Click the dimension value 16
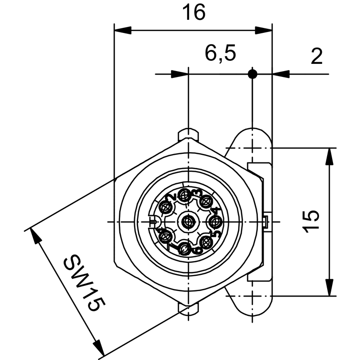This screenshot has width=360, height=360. tap(193, 13)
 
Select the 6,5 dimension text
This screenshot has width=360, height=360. tap(220, 54)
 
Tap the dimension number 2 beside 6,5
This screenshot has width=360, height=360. tap(317, 57)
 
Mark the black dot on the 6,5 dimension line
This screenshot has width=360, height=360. tap(252, 74)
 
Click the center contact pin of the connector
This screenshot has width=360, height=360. tap(187, 221)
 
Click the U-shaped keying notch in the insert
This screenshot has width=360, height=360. tap(153, 222)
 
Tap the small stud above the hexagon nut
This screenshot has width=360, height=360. tap(189, 134)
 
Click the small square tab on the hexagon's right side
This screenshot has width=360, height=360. tap(265, 221)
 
